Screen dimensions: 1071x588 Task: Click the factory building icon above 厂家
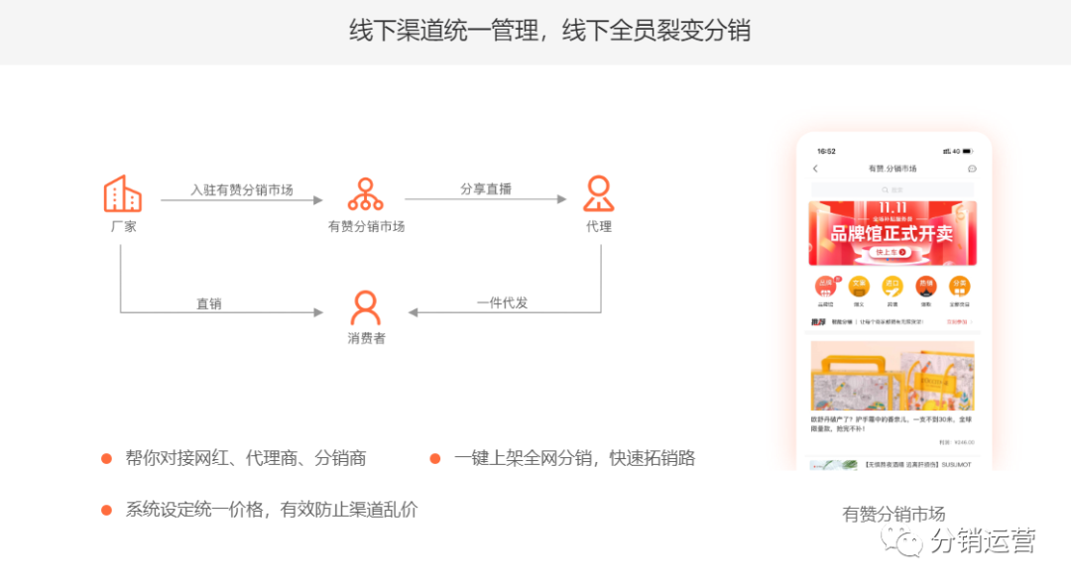click(x=122, y=193)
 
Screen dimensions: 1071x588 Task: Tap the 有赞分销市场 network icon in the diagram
click(x=365, y=194)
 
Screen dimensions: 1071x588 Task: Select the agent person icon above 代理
click(x=598, y=193)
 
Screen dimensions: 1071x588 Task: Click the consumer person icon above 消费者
click(x=365, y=308)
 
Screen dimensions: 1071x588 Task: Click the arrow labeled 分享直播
click(x=485, y=200)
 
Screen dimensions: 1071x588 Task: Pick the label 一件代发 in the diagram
click(x=502, y=302)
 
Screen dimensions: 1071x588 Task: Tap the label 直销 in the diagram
click(x=208, y=303)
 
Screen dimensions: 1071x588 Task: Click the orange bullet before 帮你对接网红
click(x=106, y=458)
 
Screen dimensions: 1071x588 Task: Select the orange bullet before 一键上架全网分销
click(x=434, y=458)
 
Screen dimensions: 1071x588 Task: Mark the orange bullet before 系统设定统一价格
click(x=106, y=510)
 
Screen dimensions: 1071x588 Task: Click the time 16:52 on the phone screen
click(x=826, y=152)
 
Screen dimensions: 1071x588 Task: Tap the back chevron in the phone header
click(x=815, y=169)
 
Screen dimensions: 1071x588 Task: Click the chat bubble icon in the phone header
click(x=972, y=169)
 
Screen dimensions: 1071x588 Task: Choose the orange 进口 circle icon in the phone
click(x=892, y=286)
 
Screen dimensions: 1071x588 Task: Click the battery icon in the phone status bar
click(x=968, y=152)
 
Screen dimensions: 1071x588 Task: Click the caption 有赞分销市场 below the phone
click(x=893, y=515)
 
